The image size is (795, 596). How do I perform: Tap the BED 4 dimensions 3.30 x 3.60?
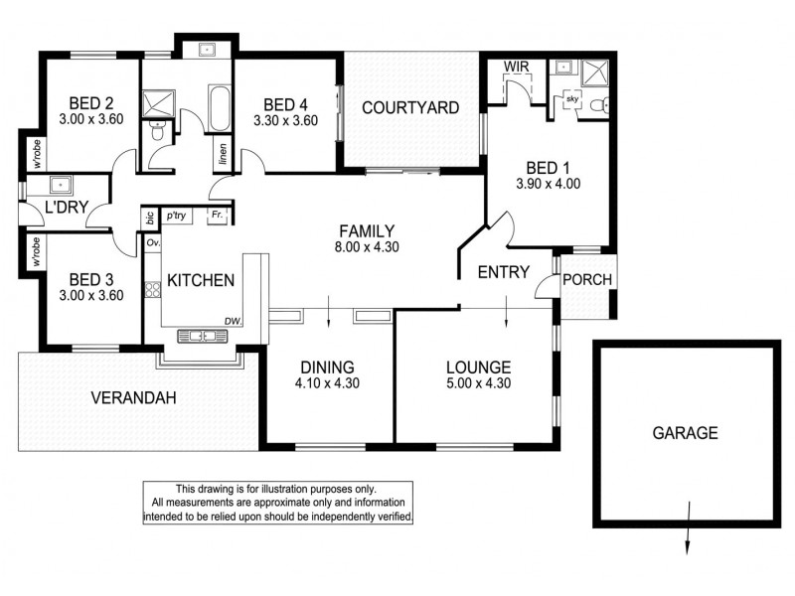point(284,122)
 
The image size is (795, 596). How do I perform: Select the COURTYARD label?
point(409,107)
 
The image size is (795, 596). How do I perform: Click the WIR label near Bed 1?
point(515,67)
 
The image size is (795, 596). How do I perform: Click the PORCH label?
point(587,279)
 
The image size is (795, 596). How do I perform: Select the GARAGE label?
point(685,433)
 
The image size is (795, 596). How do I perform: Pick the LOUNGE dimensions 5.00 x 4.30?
point(478,383)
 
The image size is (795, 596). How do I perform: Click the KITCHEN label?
point(200,281)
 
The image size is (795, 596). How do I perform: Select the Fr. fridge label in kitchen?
point(215,216)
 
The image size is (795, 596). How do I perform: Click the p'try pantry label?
point(178,216)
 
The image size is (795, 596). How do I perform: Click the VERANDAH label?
point(133,398)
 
